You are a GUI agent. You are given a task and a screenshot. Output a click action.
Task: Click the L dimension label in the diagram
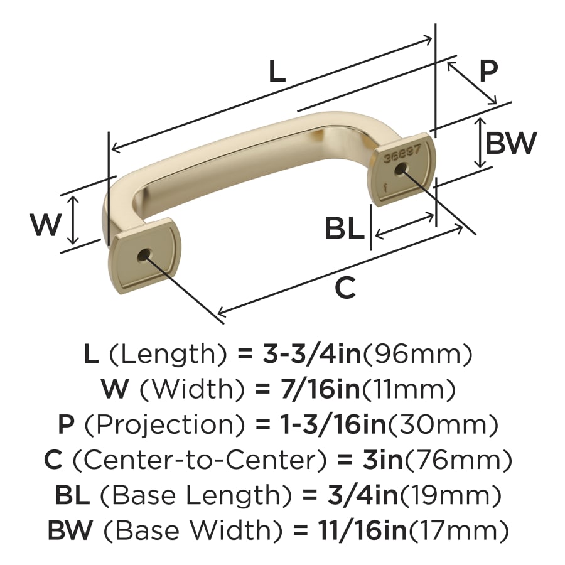[277, 71]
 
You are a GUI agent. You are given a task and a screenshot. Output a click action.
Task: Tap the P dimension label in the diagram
[488, 71]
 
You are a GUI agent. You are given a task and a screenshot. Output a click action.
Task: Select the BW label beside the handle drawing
[511, 143]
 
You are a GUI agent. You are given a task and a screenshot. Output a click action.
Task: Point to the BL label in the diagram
[344, 229]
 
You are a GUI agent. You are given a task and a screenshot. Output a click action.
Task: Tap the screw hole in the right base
[401, 169]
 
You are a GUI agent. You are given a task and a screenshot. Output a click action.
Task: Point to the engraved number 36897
[402, 154]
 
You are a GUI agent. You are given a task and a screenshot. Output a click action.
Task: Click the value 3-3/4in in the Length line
[312, 354]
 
